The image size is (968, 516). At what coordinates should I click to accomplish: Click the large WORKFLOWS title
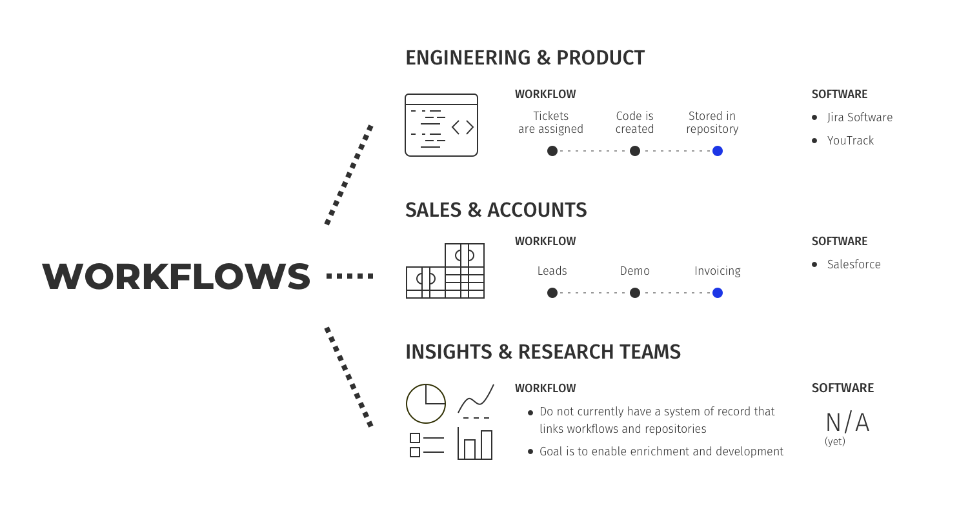[x=176, y=276]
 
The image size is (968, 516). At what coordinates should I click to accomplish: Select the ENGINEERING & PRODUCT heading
[x=525, y=58]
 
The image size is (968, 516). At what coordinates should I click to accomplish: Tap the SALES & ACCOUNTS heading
[x=496, y=210]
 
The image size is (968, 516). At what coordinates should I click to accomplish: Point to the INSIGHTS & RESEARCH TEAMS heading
[x=543, y=352]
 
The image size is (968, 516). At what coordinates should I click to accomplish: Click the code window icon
[x=441, y=125]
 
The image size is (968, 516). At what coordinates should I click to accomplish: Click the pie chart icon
[x=426, y=404]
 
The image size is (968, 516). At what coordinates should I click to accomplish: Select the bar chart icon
[x=475, y=444]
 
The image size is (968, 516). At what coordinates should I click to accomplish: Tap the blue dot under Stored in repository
[x=718, y=151]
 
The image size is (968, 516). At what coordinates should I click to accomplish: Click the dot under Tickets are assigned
[x=552, y=151]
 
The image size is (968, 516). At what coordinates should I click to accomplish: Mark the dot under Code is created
[x=635, y=151]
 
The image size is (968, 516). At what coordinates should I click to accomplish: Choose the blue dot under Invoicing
[x=718, y=293]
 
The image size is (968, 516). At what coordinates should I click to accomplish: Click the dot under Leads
[x=552, y=293]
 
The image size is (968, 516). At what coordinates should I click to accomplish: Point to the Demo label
[x=635, y=271]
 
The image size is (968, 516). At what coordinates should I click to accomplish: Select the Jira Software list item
[x=860, y=117]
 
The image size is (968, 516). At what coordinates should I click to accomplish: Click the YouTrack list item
[x=850, y=141]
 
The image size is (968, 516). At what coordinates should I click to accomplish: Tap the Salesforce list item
[x=853, y=264]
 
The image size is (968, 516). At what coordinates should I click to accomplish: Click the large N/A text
[x=847, y=423]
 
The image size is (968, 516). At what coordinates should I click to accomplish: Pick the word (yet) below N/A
[x=835, y=442]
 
